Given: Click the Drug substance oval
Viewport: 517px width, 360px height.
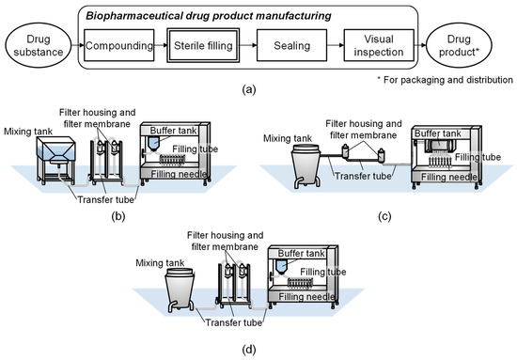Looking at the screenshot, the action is (39, 45).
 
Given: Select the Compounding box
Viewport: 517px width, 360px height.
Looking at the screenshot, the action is (119, 45).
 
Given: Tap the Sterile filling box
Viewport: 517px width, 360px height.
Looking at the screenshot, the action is (203, 45).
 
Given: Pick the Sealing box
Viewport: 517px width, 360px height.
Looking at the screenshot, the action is (291, 45).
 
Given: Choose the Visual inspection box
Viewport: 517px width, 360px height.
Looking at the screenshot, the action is (379, 45).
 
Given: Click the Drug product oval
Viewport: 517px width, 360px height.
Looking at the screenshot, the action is (459, 45).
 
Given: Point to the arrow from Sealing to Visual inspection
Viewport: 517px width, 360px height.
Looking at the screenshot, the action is (336, 45).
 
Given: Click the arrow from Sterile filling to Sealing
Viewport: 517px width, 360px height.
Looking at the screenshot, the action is (248, 45).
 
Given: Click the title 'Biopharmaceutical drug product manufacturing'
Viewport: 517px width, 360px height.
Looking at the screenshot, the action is (209, 16).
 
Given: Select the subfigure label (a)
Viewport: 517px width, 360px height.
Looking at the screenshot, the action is (248, 89).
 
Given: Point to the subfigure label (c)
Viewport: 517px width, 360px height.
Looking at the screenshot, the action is (384, 216).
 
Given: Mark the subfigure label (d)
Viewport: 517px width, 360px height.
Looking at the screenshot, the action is (248, 349).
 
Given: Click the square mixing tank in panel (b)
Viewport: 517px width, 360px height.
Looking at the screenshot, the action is (55, 160).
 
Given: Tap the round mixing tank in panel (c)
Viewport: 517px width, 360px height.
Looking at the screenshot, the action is (306, 166).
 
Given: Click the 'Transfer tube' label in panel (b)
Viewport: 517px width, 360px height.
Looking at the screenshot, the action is (106, 200).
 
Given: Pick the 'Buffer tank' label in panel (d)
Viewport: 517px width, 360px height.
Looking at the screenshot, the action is (302, 254).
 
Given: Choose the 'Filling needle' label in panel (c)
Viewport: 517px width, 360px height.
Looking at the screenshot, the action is (448, 177).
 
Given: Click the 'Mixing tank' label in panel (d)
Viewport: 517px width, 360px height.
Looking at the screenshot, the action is (160, 263).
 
